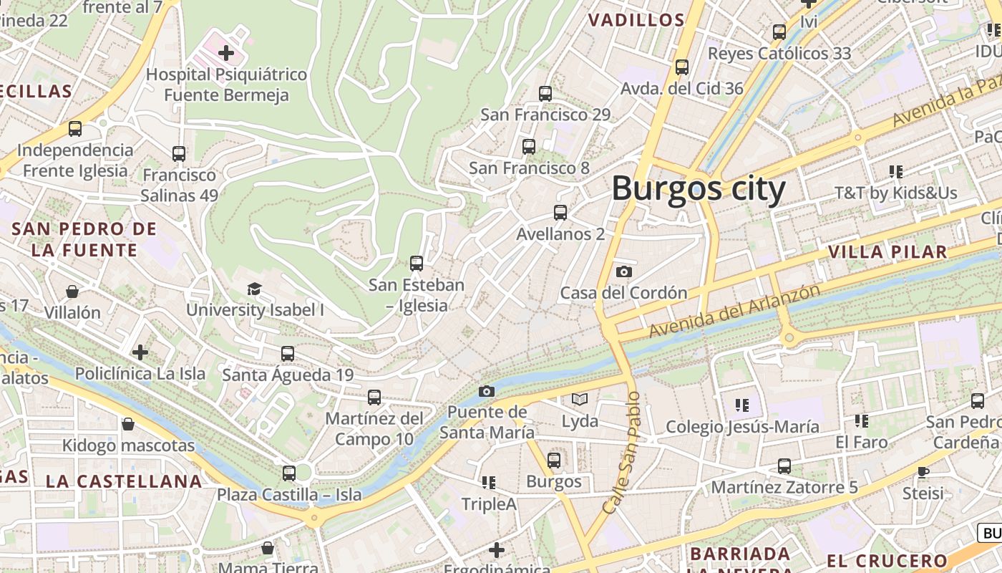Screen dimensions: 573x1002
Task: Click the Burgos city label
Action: (x=698, y=189)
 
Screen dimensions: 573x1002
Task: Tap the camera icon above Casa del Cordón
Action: (x=624, y=271)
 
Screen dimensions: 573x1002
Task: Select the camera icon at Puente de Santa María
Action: (x=487, y=391)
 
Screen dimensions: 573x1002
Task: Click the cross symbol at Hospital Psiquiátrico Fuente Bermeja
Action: (x=226, y=52)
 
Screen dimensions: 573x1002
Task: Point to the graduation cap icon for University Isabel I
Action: (x=254, y=289)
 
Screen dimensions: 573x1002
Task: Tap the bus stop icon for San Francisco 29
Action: (x=545, y=93)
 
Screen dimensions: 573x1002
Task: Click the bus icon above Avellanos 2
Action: (x=560, y=213)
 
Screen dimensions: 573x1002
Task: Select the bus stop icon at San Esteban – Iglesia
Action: (x=417, y=264)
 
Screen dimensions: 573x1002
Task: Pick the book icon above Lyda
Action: (x=579, y=400)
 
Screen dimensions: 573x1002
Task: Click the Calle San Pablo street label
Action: (x=621, y=453)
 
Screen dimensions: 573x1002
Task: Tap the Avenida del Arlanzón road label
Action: (x=734, y=311)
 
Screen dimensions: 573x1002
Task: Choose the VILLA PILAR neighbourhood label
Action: (x=887, y=252)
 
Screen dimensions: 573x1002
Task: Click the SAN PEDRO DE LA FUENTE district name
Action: (x=84, y=240)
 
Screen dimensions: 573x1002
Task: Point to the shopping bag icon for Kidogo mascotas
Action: (x=128, y=424)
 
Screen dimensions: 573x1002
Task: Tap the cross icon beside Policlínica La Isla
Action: (x=140, y=352)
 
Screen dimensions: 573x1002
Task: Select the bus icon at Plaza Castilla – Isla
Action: (x=289, y=473)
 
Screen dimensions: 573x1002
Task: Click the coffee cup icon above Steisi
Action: (x=923, y=472)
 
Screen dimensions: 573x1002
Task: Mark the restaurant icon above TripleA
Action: (x=489, y=483)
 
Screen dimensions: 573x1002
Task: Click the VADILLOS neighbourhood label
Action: (x=636, y=20)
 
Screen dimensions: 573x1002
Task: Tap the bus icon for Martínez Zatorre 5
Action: (x=784, y=466)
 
